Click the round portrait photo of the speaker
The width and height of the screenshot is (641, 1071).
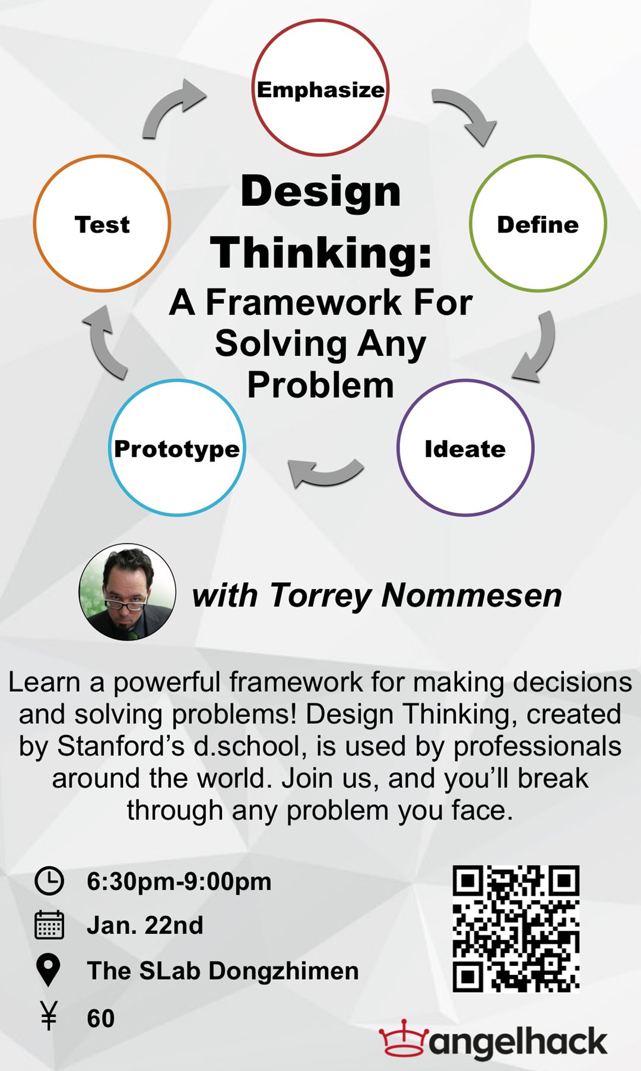(x=128, y=592)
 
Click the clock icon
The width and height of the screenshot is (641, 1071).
(x=49, y=881)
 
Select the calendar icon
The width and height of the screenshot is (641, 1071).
(x=49, y=924)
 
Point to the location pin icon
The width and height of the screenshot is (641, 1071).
(x=49, y=971)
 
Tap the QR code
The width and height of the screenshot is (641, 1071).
(x=516, y=929)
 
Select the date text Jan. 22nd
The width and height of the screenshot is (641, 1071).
(x=145, y=925)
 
